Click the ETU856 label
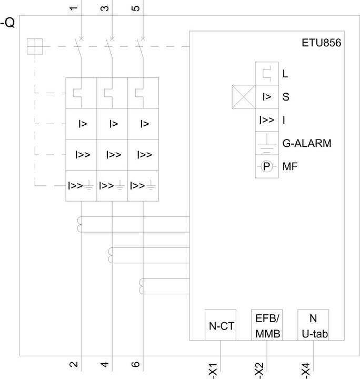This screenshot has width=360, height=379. click(x=322, y=43)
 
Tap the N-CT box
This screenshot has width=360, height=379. click(x=221, y=325)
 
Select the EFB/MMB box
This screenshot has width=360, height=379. click(x=267, y=325)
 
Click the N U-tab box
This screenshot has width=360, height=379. click(x=313, y=325)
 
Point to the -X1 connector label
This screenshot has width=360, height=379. click(x=213, y=370)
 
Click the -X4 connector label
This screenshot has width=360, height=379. click(x=306, y=370)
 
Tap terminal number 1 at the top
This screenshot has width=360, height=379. click(x=74, y=8)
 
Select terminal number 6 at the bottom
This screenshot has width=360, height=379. click(x=136, y=364)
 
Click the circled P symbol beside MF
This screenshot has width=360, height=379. click(x=266, y=166)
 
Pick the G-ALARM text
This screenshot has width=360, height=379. click(x=307, y=143)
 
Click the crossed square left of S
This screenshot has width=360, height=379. click(x=244, y=97)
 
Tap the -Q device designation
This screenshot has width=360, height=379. click(x=7, y=23)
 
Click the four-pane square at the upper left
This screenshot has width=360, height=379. click(x=35, y=46)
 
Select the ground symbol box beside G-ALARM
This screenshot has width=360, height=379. click(x=267, y=143)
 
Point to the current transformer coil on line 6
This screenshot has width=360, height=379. click(x=141, y=286)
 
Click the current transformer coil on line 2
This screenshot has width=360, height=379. click(x=79, y=224)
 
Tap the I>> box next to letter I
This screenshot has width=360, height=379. click(x=267, y=120)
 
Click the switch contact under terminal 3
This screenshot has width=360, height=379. click(x=109, y=48)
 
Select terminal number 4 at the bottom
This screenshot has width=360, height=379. click(x=105, y=364)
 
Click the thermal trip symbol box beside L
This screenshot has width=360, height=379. click(x=267, y=74)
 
